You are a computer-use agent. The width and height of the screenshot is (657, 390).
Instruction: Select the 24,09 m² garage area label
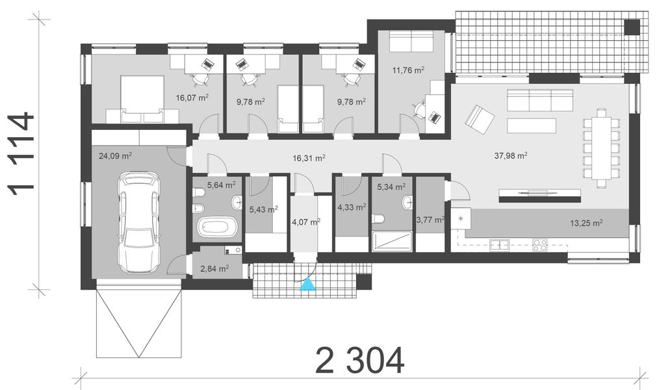(x=116, y=156)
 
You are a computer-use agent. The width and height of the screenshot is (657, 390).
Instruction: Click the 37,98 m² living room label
(x=510, y=155)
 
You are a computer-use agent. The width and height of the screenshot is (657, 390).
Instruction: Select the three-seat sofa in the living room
(x=541, y=101)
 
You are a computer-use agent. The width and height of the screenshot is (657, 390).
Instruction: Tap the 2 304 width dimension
(x=359, y=360)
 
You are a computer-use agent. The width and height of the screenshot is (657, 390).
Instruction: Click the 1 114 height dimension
(x=21, y=153)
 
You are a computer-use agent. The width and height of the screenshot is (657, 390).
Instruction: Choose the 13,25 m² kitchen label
(x=586, y=222)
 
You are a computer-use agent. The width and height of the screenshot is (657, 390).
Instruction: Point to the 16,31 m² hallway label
(x=309, y=157)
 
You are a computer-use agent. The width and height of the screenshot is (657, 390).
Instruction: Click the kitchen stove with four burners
(x=541, y=245)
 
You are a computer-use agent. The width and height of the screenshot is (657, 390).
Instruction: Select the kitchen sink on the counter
(x=500, y=245)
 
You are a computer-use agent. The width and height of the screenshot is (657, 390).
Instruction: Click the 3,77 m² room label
(x=430, y=220)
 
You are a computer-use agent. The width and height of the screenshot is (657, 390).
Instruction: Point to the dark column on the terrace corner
(x=632, y=27)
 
